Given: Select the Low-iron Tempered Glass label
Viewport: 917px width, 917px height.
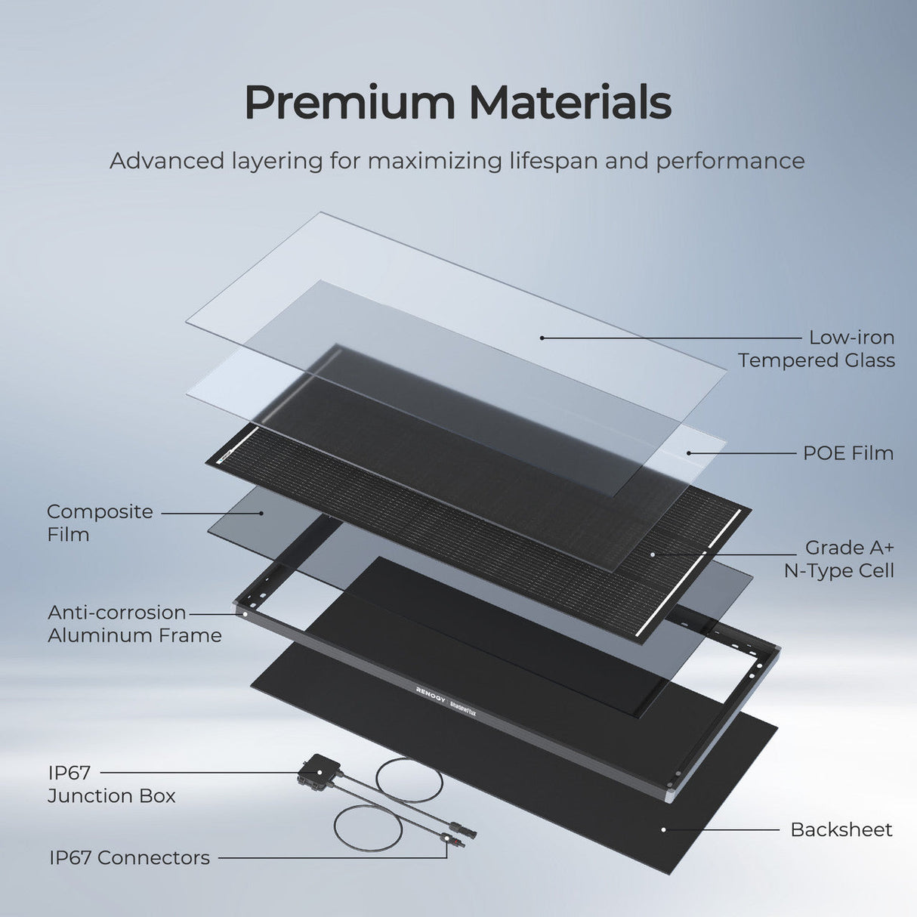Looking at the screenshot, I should tap(817, 349).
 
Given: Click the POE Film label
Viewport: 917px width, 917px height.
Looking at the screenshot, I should tap(848, 453).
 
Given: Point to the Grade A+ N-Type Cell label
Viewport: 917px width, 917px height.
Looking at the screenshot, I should tap(839, 559).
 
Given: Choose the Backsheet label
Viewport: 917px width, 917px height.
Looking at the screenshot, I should tap(841, 829).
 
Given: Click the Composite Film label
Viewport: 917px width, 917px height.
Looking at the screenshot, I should tap(100, 523).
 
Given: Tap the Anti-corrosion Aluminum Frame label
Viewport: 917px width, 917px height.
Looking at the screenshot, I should tap(134, 624).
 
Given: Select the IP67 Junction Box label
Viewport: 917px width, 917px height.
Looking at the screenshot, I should tap(111, 784).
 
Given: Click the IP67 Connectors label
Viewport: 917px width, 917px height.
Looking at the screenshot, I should tap(129, 857).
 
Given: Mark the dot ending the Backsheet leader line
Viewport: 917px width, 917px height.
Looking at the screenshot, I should tap(663, 829).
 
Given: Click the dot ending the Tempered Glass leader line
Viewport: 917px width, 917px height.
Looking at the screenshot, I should tap(542, 338).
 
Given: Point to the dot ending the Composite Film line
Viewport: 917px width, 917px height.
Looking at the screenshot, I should tap(262, 513).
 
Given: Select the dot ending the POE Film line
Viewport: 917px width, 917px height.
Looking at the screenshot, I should tap(689, 453).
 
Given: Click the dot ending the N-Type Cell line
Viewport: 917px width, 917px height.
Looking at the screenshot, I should tap(653, 554).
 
